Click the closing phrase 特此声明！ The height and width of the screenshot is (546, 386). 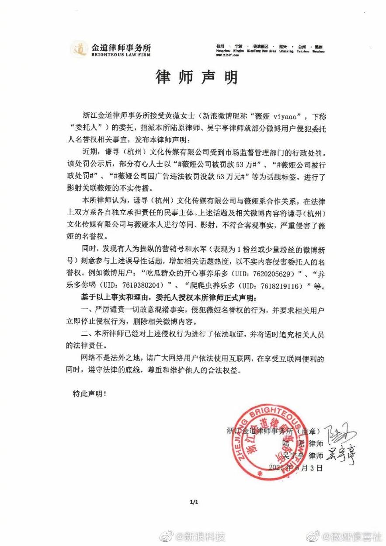89,393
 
